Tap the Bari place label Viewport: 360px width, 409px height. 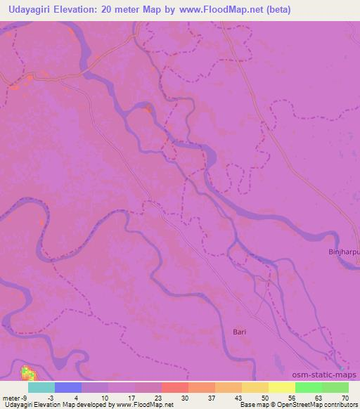(240, 330)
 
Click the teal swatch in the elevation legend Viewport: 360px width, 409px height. (41, 387)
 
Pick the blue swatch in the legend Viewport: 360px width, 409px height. (68, 387)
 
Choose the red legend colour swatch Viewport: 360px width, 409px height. (175, 387)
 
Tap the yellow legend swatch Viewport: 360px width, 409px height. (282, 387)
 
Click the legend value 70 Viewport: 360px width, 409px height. (345, 397)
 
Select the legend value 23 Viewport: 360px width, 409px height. (157, 397)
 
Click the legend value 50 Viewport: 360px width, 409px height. (264, 397)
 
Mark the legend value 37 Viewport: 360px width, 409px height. (211, 397)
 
